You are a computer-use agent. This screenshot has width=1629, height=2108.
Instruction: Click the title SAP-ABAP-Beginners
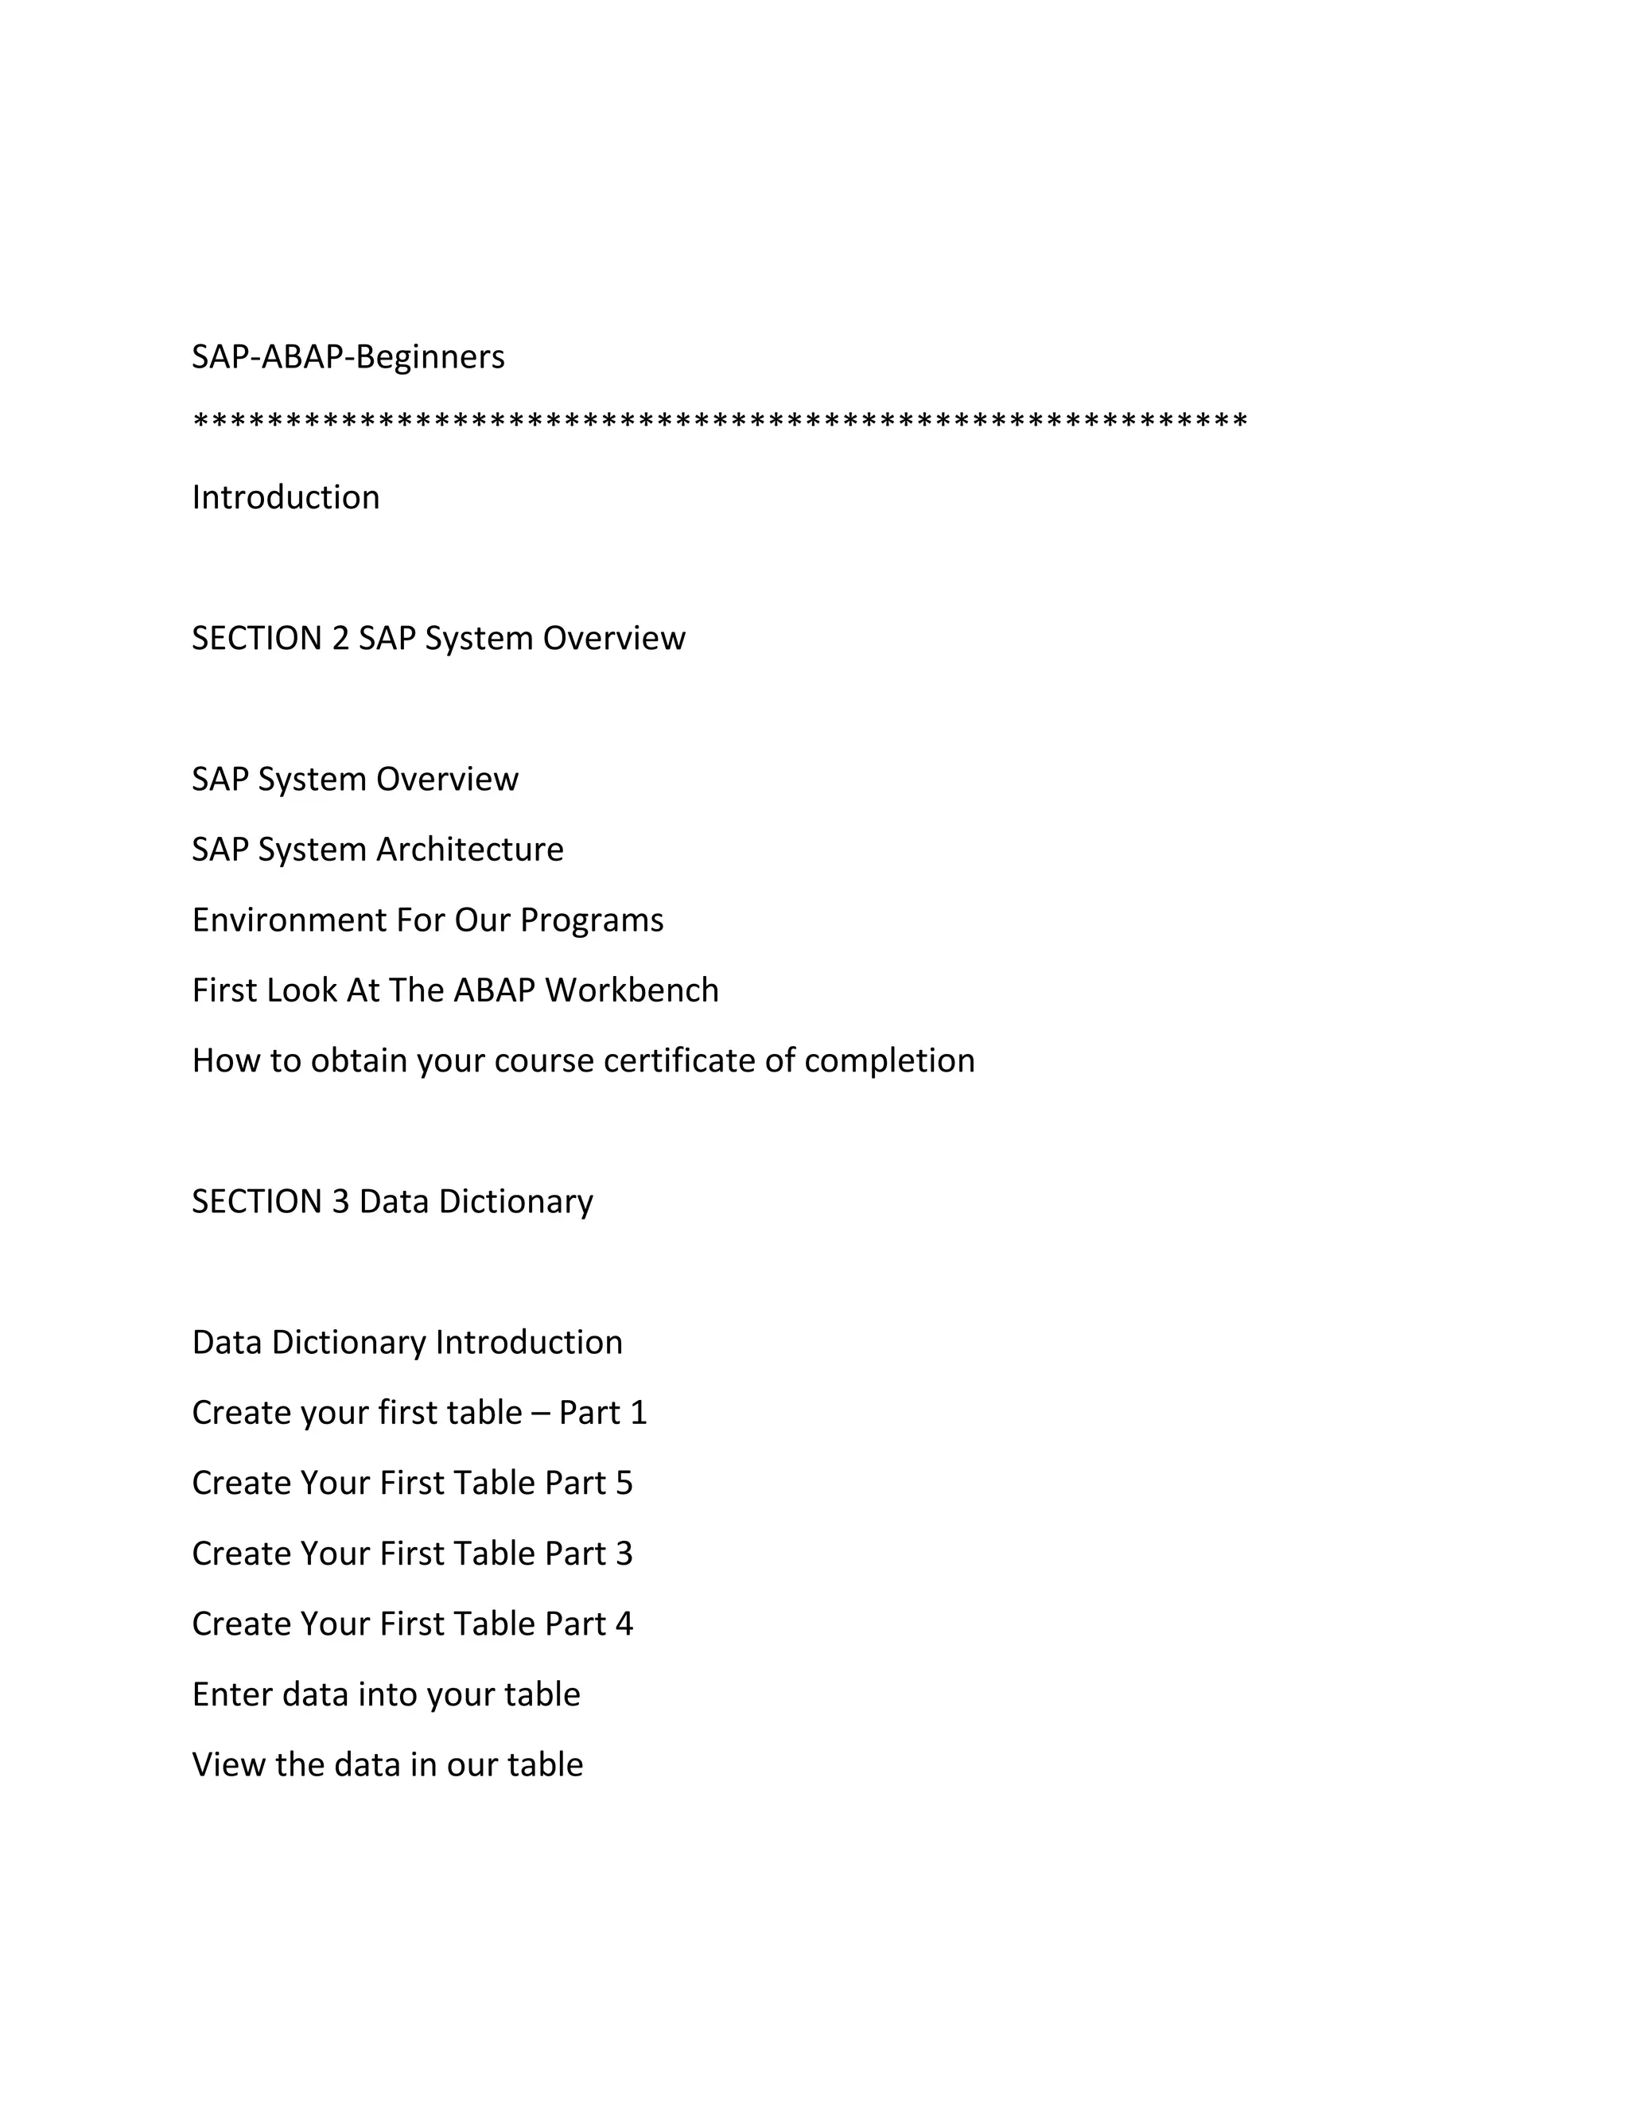point(348,357)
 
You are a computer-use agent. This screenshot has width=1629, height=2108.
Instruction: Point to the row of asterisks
point(720,422)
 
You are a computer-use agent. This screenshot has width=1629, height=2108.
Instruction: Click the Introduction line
point(286,497)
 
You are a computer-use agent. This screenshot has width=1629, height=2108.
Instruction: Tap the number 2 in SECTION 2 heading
point(340,638)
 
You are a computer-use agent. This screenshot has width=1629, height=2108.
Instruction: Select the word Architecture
point(470,850)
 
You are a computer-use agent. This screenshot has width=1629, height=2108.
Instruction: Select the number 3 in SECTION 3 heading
point(340,1202)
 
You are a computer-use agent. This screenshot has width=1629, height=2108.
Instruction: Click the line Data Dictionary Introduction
point(407,1343)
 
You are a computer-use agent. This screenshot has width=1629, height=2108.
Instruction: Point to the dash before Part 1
point(540,1414)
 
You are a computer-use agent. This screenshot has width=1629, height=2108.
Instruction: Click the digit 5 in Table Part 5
point(624,1484)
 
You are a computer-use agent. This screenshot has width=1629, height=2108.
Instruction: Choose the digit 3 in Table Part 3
point(624,1554)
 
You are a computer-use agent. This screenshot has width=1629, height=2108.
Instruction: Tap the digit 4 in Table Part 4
point(624,1624)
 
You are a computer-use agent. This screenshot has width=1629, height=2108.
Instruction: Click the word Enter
point(232,1695)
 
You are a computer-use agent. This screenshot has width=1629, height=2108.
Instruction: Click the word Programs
point(592,921)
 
